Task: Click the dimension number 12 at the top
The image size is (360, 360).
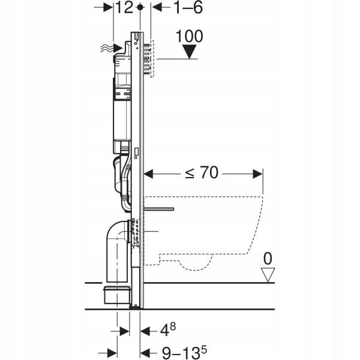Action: tap(124, 8)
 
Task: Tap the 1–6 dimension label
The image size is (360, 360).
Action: tap(188, 8)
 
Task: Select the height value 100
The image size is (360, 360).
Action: tap(190, 36)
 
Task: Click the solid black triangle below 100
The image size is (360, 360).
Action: tap(190, 52)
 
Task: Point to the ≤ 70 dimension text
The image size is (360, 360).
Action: tap(202, 173)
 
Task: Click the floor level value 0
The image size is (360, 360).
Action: tap(268, 259)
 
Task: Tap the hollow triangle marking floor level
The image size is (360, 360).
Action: tap(268, 275)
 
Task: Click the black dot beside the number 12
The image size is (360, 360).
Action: tap(140, 7)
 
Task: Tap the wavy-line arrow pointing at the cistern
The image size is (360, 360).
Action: tap(112, 49)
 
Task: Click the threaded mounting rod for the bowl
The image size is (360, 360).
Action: tap(159, 209)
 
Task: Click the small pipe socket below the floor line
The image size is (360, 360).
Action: tap(117, 295)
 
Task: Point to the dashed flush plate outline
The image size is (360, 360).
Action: tap(152, 59)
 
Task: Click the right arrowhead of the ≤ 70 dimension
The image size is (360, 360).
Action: tap(257, 174)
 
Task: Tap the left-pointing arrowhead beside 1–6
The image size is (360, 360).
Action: tap(157, 7)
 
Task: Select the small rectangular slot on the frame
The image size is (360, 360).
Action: tap(136, 152)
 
